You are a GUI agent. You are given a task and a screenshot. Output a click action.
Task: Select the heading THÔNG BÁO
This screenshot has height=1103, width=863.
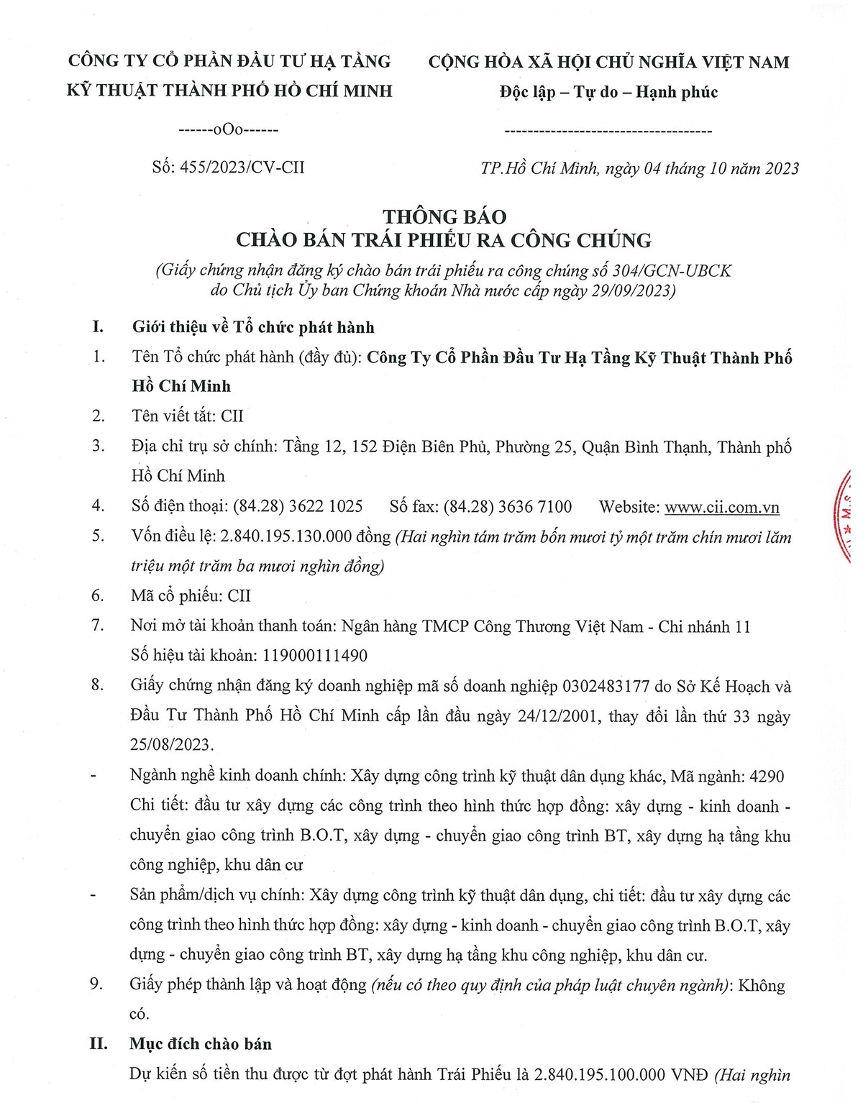point(444,216)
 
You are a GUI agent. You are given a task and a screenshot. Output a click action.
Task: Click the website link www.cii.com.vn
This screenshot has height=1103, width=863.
point(721,507)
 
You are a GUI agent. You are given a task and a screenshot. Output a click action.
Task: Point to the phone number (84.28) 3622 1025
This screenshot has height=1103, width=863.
point(298,506)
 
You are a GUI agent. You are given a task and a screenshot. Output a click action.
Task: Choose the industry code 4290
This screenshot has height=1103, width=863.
point(767,777)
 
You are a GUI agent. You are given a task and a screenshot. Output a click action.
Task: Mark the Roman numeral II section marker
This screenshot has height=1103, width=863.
point(99,1044)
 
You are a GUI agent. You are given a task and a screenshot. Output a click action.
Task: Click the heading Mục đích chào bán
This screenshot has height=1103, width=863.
point(201,1044)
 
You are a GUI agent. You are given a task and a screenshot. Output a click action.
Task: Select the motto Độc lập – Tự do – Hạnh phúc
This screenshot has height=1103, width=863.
point(608,92)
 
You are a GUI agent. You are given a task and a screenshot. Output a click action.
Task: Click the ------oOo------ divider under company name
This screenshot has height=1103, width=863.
point(228,130)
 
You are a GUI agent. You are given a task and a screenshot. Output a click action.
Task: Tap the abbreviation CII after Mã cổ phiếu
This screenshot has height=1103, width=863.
point(239,596)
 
